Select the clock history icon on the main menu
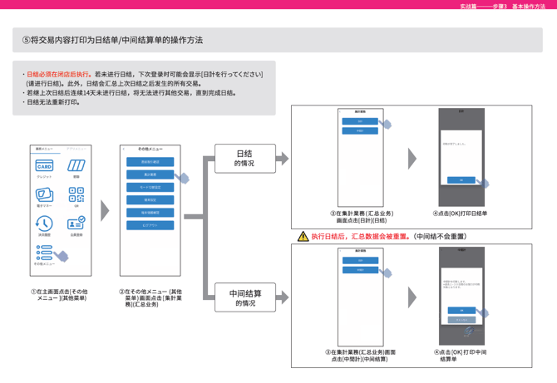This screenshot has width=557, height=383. (44, 223)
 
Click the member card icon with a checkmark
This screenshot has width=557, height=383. (76, 223)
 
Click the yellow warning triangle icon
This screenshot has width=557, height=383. (303, 237)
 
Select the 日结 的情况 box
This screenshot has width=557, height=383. (244, 158)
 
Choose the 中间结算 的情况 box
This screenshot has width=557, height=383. (246, 297)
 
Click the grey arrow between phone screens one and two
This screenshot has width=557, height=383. (105, 211)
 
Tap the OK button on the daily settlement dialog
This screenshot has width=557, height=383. (461, 180)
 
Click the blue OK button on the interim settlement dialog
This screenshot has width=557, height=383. (461, 310)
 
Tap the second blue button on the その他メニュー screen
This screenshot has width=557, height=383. (150, 174)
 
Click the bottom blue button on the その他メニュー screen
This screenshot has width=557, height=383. (150, 225)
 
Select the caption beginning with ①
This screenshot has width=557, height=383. (61, 295)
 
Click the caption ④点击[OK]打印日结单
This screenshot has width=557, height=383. (461, 214)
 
